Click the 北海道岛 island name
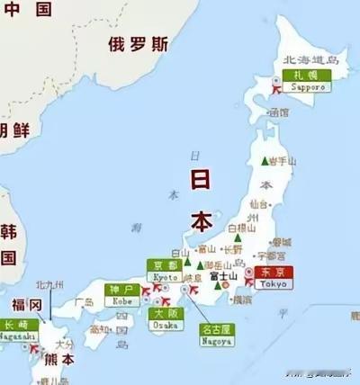point(310,60)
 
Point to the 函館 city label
point(280,112)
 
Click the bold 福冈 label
point(28,305)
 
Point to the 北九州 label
point(50,285)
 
